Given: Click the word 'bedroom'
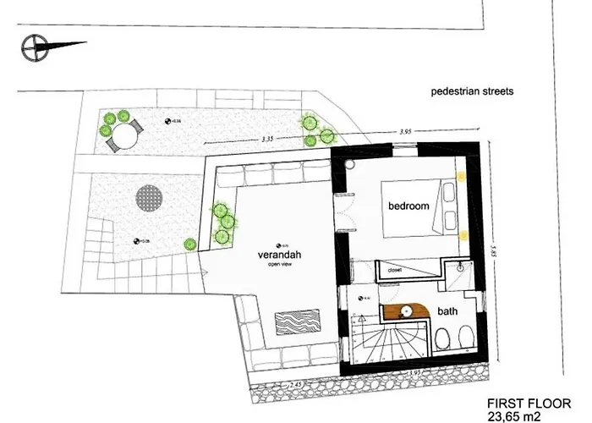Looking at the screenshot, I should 408,206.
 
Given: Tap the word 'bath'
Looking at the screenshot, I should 448,311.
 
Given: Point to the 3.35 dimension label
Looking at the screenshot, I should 271,137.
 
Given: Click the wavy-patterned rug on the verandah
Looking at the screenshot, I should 299,324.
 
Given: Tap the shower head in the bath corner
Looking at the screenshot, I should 462,266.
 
